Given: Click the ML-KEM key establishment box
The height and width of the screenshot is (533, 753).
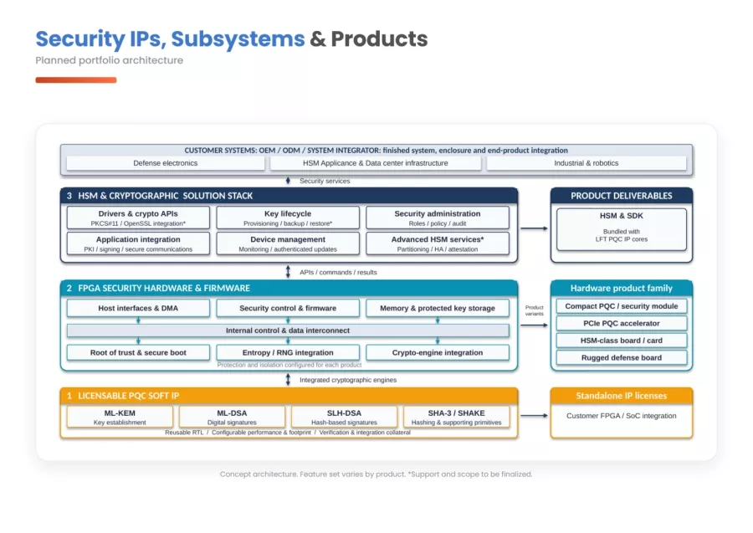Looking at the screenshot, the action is [120, 417].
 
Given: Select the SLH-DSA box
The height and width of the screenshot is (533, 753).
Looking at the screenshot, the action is [345, 417].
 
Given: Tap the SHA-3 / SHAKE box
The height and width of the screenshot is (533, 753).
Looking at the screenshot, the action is [456, 417].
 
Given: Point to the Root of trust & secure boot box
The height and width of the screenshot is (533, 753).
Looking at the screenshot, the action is [138, 352].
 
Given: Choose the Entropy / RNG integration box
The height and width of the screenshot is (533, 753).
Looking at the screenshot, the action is [288, 352].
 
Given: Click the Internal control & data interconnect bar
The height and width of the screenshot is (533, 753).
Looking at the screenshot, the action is [288, 331].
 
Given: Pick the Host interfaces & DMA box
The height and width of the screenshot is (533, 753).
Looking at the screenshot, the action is [138, 308].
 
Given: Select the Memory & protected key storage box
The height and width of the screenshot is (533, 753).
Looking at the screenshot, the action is [438, 308].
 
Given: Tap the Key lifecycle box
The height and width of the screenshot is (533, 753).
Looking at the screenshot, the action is [288, 218].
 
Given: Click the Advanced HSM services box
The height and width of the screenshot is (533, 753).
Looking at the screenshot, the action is [438, 243].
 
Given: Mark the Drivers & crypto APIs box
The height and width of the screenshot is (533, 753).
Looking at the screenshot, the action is [138, 218].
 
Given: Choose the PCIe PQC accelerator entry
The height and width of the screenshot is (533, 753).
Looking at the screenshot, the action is [622, 323].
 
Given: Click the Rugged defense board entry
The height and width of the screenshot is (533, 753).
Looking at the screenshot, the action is [622, 358].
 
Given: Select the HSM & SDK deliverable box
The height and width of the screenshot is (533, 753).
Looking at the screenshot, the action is [622, 229].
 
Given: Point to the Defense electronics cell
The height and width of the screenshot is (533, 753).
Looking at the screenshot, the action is [166, 163].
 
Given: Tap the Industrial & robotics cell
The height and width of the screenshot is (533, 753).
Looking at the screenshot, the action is [587, 163].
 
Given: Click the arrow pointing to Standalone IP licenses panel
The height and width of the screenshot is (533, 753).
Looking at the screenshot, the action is [534, 415].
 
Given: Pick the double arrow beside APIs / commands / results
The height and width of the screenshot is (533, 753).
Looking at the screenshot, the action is [288, 272].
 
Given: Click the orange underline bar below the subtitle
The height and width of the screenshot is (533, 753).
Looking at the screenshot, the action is [76, 80].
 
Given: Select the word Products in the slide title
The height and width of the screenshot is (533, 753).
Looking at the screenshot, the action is [379, 38].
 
